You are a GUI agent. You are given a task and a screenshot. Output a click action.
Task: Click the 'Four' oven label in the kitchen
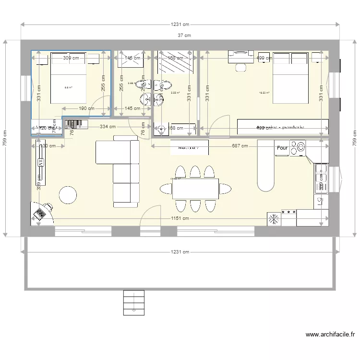[x=282, y=148]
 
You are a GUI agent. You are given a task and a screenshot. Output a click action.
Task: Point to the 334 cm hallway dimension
[x=108, y=127]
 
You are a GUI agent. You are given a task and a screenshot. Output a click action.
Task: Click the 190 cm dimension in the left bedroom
[x=86, y=108]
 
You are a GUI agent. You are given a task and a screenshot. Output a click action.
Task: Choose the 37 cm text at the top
[x=184, y=35]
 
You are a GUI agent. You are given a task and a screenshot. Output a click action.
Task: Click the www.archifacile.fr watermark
[x=330, y=335]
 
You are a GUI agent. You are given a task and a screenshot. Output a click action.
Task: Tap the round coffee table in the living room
[x=68, y=194]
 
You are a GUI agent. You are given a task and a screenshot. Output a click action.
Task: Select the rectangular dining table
[x=195, y=189]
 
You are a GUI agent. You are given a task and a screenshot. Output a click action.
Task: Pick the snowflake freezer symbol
[x=274, y=219]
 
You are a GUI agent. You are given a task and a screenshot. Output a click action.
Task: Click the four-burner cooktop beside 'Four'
[x=298, y=148]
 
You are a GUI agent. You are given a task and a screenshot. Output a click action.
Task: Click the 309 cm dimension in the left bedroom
[x=71, y=58]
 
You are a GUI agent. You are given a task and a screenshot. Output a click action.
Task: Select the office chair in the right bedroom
[x=240, y=66]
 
